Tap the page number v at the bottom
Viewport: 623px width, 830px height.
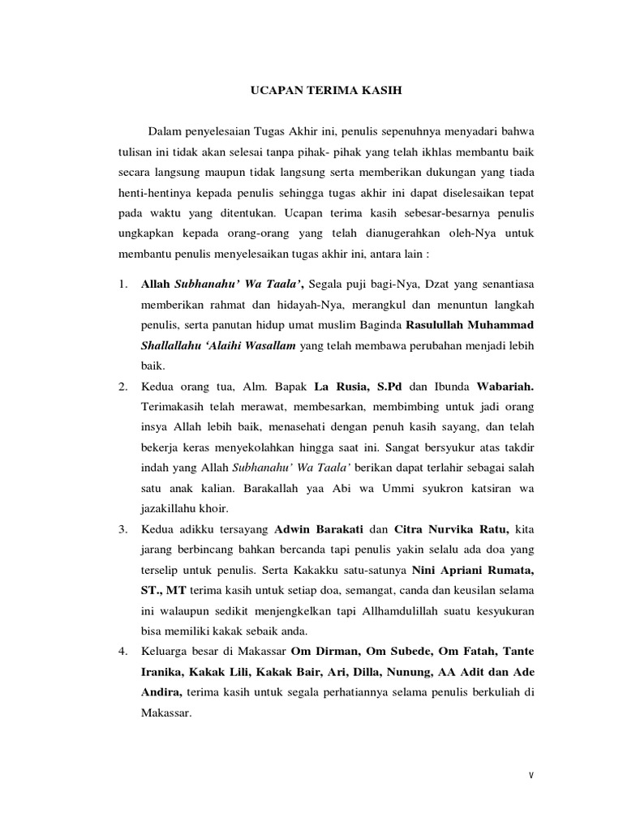(531, 776)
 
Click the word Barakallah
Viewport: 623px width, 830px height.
(243, 489)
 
